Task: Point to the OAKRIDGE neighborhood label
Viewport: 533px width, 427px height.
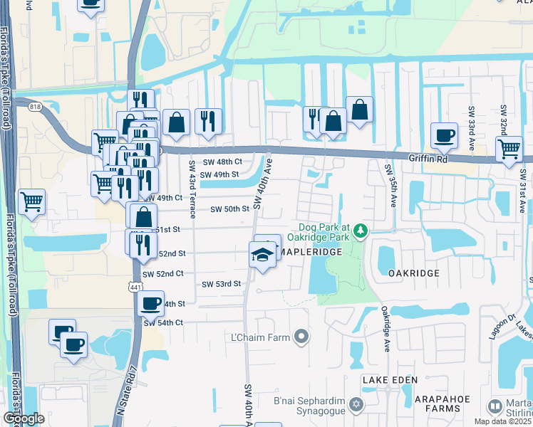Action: pos(413,273)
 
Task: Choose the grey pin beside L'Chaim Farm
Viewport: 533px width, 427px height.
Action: pos(302,336)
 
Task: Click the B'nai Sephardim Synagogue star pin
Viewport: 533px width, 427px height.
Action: pos(357,406)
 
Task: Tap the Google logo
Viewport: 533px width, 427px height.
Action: pos(24,418)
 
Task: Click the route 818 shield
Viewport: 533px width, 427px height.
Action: pos(34,107)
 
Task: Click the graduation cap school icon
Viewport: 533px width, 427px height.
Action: pos(262,254)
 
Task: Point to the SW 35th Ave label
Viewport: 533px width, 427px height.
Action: pos(390,186)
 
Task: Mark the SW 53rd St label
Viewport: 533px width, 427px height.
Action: pos(222,284)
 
